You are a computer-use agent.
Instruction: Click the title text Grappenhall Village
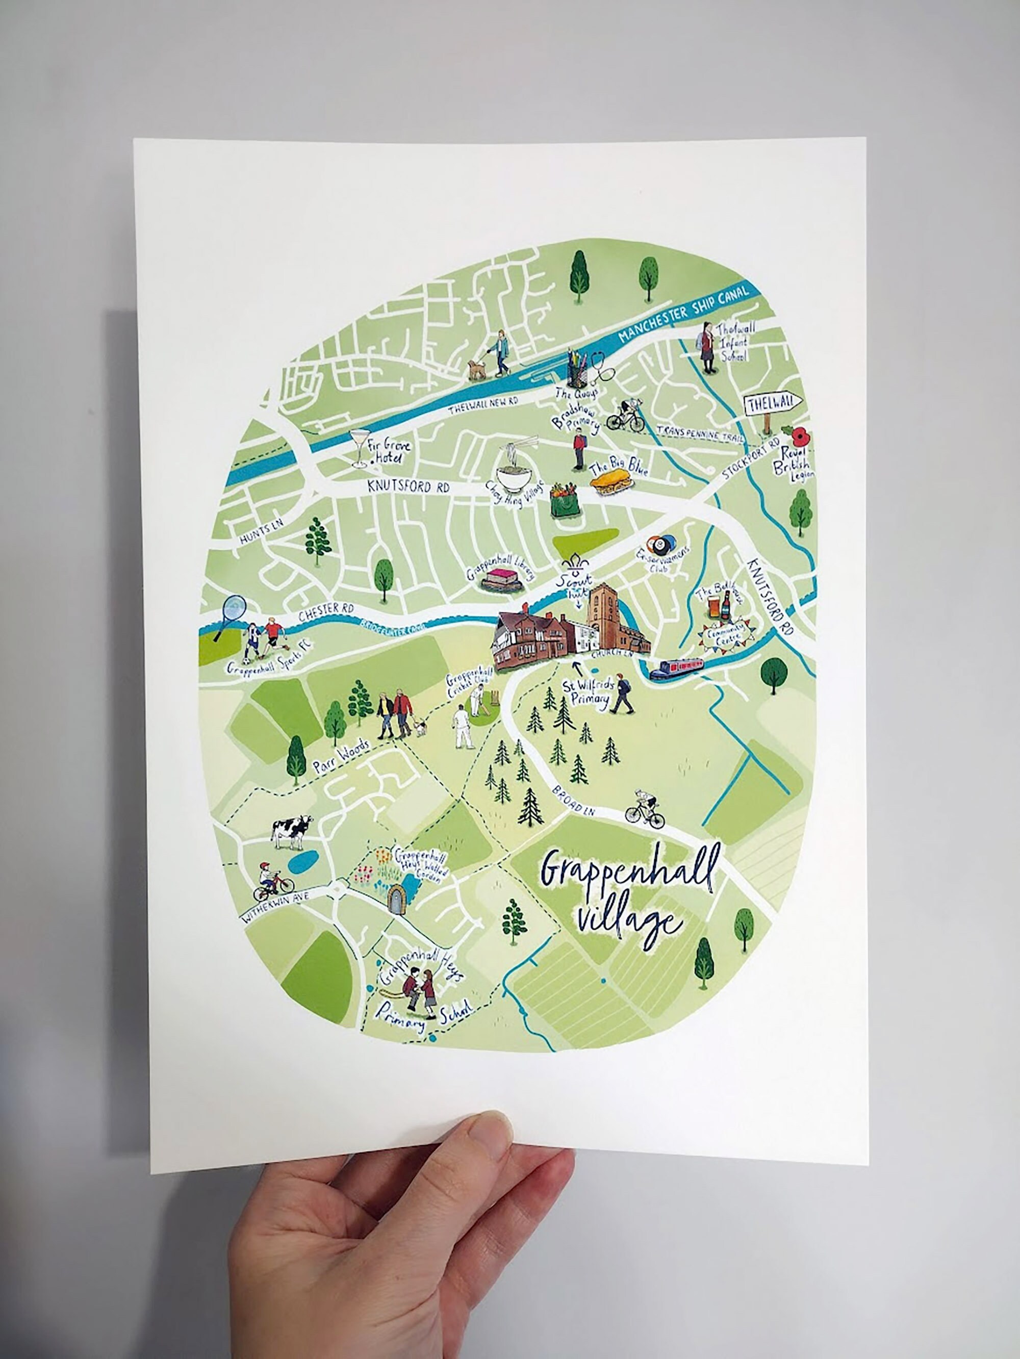tap(627, 898)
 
